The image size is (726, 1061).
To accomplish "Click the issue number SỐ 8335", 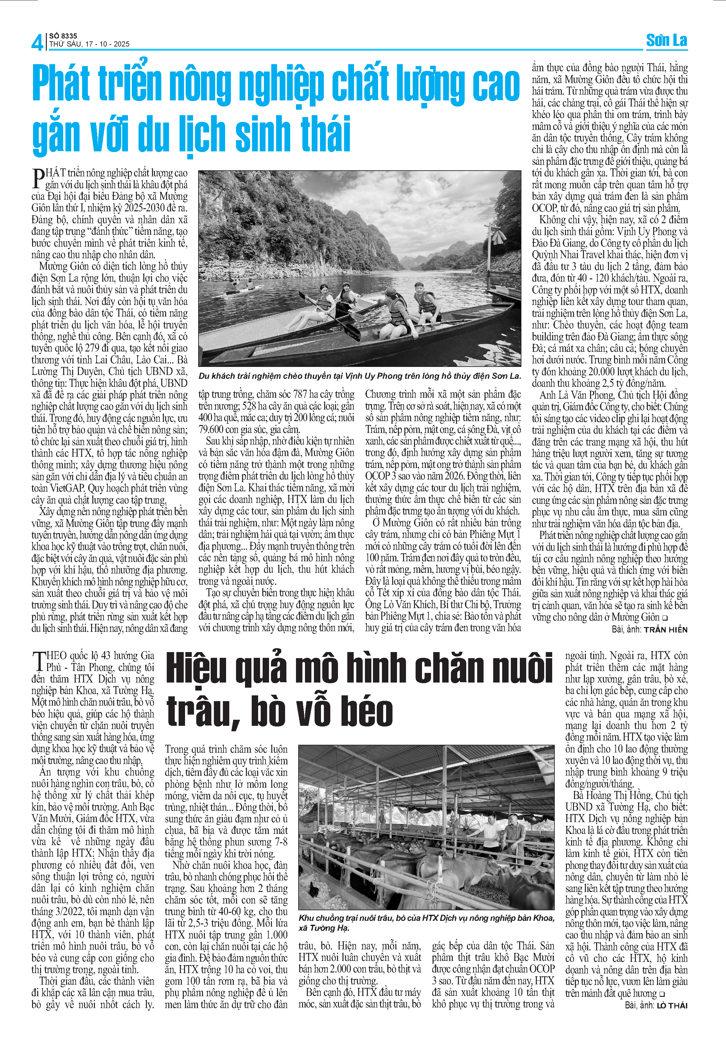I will pyautogui.click(x=63, y=36).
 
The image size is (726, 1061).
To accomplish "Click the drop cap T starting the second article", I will pyautogui.click(x=38, y=661).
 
